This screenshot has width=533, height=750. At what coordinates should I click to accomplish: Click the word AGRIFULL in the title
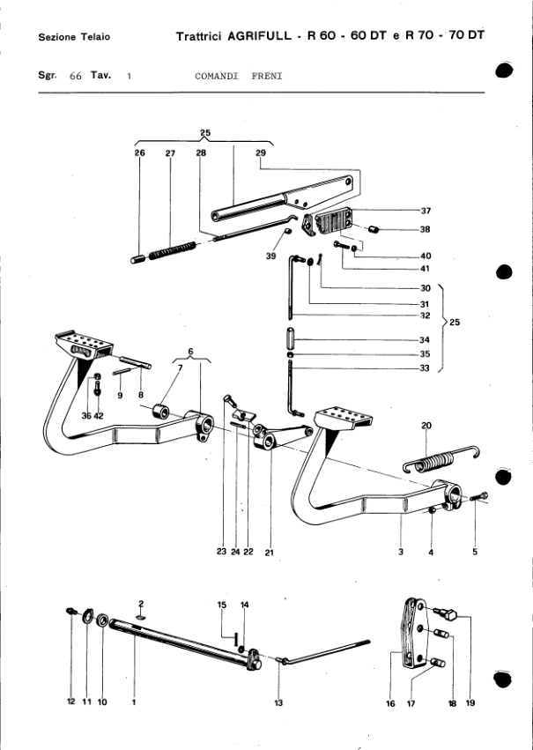259,36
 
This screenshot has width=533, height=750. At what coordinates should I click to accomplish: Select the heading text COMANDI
217,76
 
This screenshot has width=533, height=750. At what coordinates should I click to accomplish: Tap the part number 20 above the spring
426,425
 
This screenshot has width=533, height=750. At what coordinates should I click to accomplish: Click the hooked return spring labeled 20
441,459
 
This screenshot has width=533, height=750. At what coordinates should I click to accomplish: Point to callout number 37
426,211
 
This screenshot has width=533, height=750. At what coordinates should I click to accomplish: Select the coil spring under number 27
172,250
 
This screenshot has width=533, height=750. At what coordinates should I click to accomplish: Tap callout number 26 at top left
139,153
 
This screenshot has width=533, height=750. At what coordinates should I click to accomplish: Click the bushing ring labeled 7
161,411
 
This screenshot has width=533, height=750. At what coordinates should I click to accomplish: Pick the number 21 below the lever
269,553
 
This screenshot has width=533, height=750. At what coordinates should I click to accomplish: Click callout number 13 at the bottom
278,702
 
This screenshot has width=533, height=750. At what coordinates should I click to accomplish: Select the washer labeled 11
88,616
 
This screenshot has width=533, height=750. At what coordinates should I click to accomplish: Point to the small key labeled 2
140,617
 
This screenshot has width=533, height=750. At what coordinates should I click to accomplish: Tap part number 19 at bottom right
470,702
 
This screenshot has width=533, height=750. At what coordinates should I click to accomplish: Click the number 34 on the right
425,340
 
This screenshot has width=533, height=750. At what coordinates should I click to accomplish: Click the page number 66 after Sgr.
76,76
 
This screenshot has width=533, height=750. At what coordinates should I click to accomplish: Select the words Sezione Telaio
74,37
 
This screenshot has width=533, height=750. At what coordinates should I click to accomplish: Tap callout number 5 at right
475,552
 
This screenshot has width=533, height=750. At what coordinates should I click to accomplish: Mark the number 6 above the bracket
190,352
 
